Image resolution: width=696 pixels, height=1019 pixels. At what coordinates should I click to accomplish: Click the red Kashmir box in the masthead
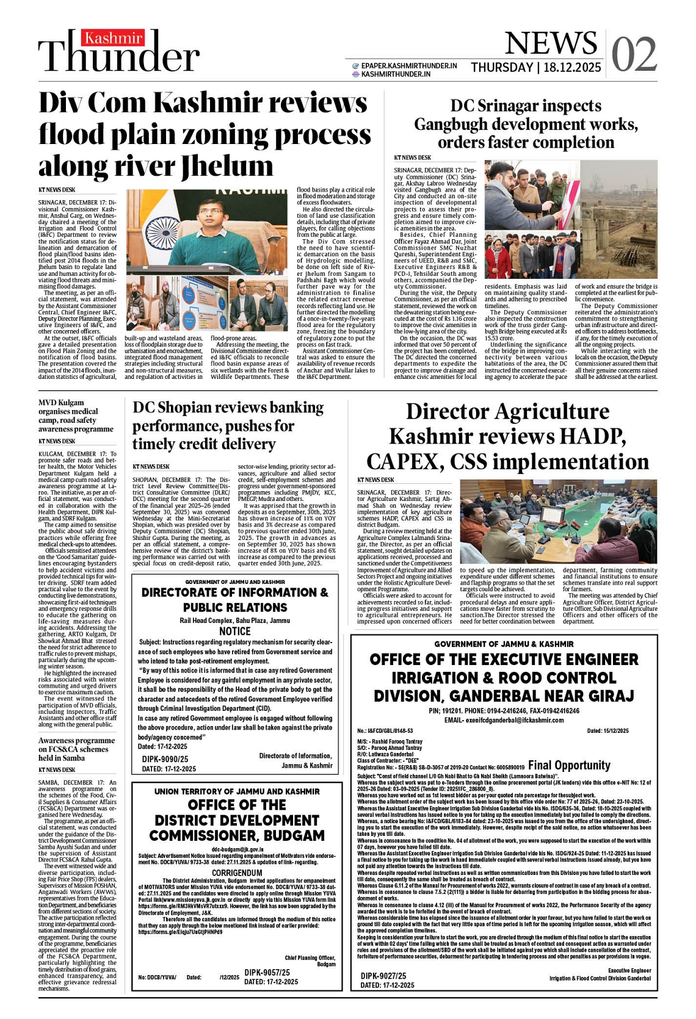[113, 38]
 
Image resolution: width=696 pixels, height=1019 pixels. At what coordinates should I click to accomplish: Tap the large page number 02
[634, 55]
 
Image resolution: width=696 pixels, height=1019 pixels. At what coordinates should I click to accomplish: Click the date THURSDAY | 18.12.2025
[535, 68]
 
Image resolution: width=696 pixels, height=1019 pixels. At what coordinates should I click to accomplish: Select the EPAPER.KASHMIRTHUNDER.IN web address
[408, 66]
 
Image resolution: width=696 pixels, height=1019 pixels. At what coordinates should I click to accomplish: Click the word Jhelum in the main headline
[227, 165]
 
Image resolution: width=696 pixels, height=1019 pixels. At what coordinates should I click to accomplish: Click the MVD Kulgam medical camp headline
[75, 416]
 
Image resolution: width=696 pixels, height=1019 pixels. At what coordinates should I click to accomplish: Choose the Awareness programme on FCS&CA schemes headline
[76, 749]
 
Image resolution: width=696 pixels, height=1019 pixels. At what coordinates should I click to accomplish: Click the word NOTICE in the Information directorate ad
[235, 631]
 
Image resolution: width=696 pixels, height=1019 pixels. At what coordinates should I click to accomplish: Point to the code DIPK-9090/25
[165, 759]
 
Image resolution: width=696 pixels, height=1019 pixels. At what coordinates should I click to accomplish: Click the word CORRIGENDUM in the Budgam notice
[237, 873]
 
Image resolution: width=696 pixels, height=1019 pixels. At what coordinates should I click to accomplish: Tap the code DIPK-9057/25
[267, 973]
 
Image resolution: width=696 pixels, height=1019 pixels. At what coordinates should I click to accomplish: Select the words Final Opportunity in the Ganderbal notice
[569, 765]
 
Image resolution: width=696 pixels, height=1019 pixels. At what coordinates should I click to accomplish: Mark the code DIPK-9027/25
[383, 976]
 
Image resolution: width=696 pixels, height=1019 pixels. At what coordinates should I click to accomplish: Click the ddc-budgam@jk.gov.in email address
[237, 849]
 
